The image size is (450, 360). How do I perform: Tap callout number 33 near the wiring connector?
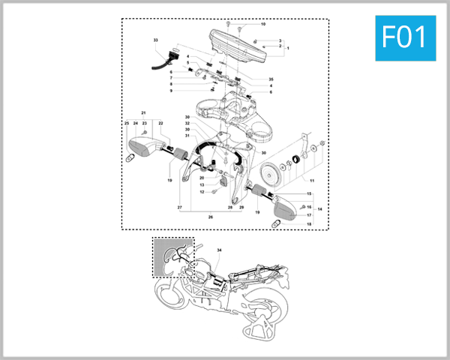(156, 39)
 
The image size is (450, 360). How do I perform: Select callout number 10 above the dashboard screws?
(263, 24)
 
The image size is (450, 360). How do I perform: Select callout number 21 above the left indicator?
(143, 112)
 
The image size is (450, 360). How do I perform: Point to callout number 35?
(271, 79)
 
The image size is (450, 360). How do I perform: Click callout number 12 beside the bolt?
(202, 192)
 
